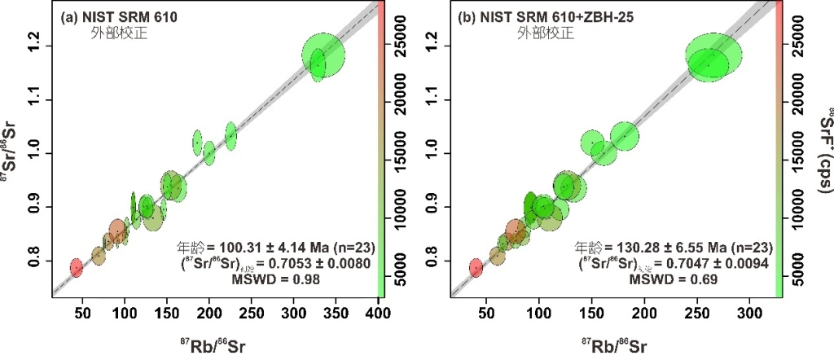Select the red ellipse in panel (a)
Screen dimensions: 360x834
[x=77, y=266]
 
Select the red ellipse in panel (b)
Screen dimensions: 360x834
[x=476, y=267]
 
